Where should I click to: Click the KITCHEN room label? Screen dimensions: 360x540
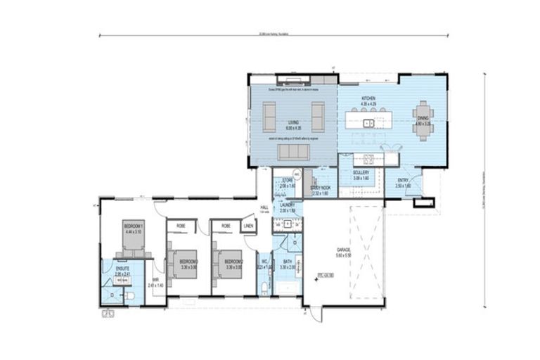tap(368, 98)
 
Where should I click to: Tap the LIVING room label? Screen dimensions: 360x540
tap(293, 122)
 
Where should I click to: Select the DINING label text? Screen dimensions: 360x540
tap(423, 119)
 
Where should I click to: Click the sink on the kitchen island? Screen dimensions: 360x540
tap(368, 124)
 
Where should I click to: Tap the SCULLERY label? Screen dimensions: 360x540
tap(352, 176)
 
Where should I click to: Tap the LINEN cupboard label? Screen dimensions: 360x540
tap(247, 226)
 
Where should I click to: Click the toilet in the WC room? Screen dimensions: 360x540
tap(263, 288)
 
